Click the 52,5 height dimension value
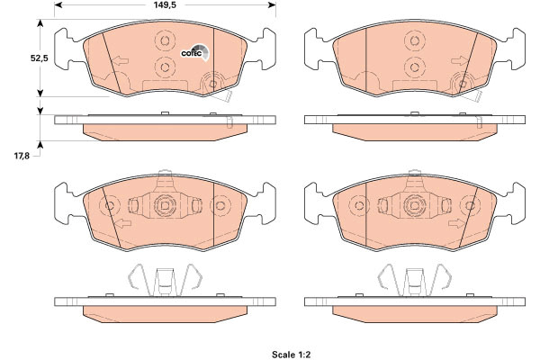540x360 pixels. [x=40, y=58]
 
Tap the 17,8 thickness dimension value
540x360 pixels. [x=22, y=156]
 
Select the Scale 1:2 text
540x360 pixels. [x=291, y=355]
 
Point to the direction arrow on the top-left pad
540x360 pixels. [x=120, y=61]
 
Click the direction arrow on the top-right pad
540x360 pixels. [x=459, y=61]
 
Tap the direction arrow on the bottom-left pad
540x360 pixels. [x=122, y=223]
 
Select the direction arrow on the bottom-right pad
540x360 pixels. [x=456, y=223]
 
